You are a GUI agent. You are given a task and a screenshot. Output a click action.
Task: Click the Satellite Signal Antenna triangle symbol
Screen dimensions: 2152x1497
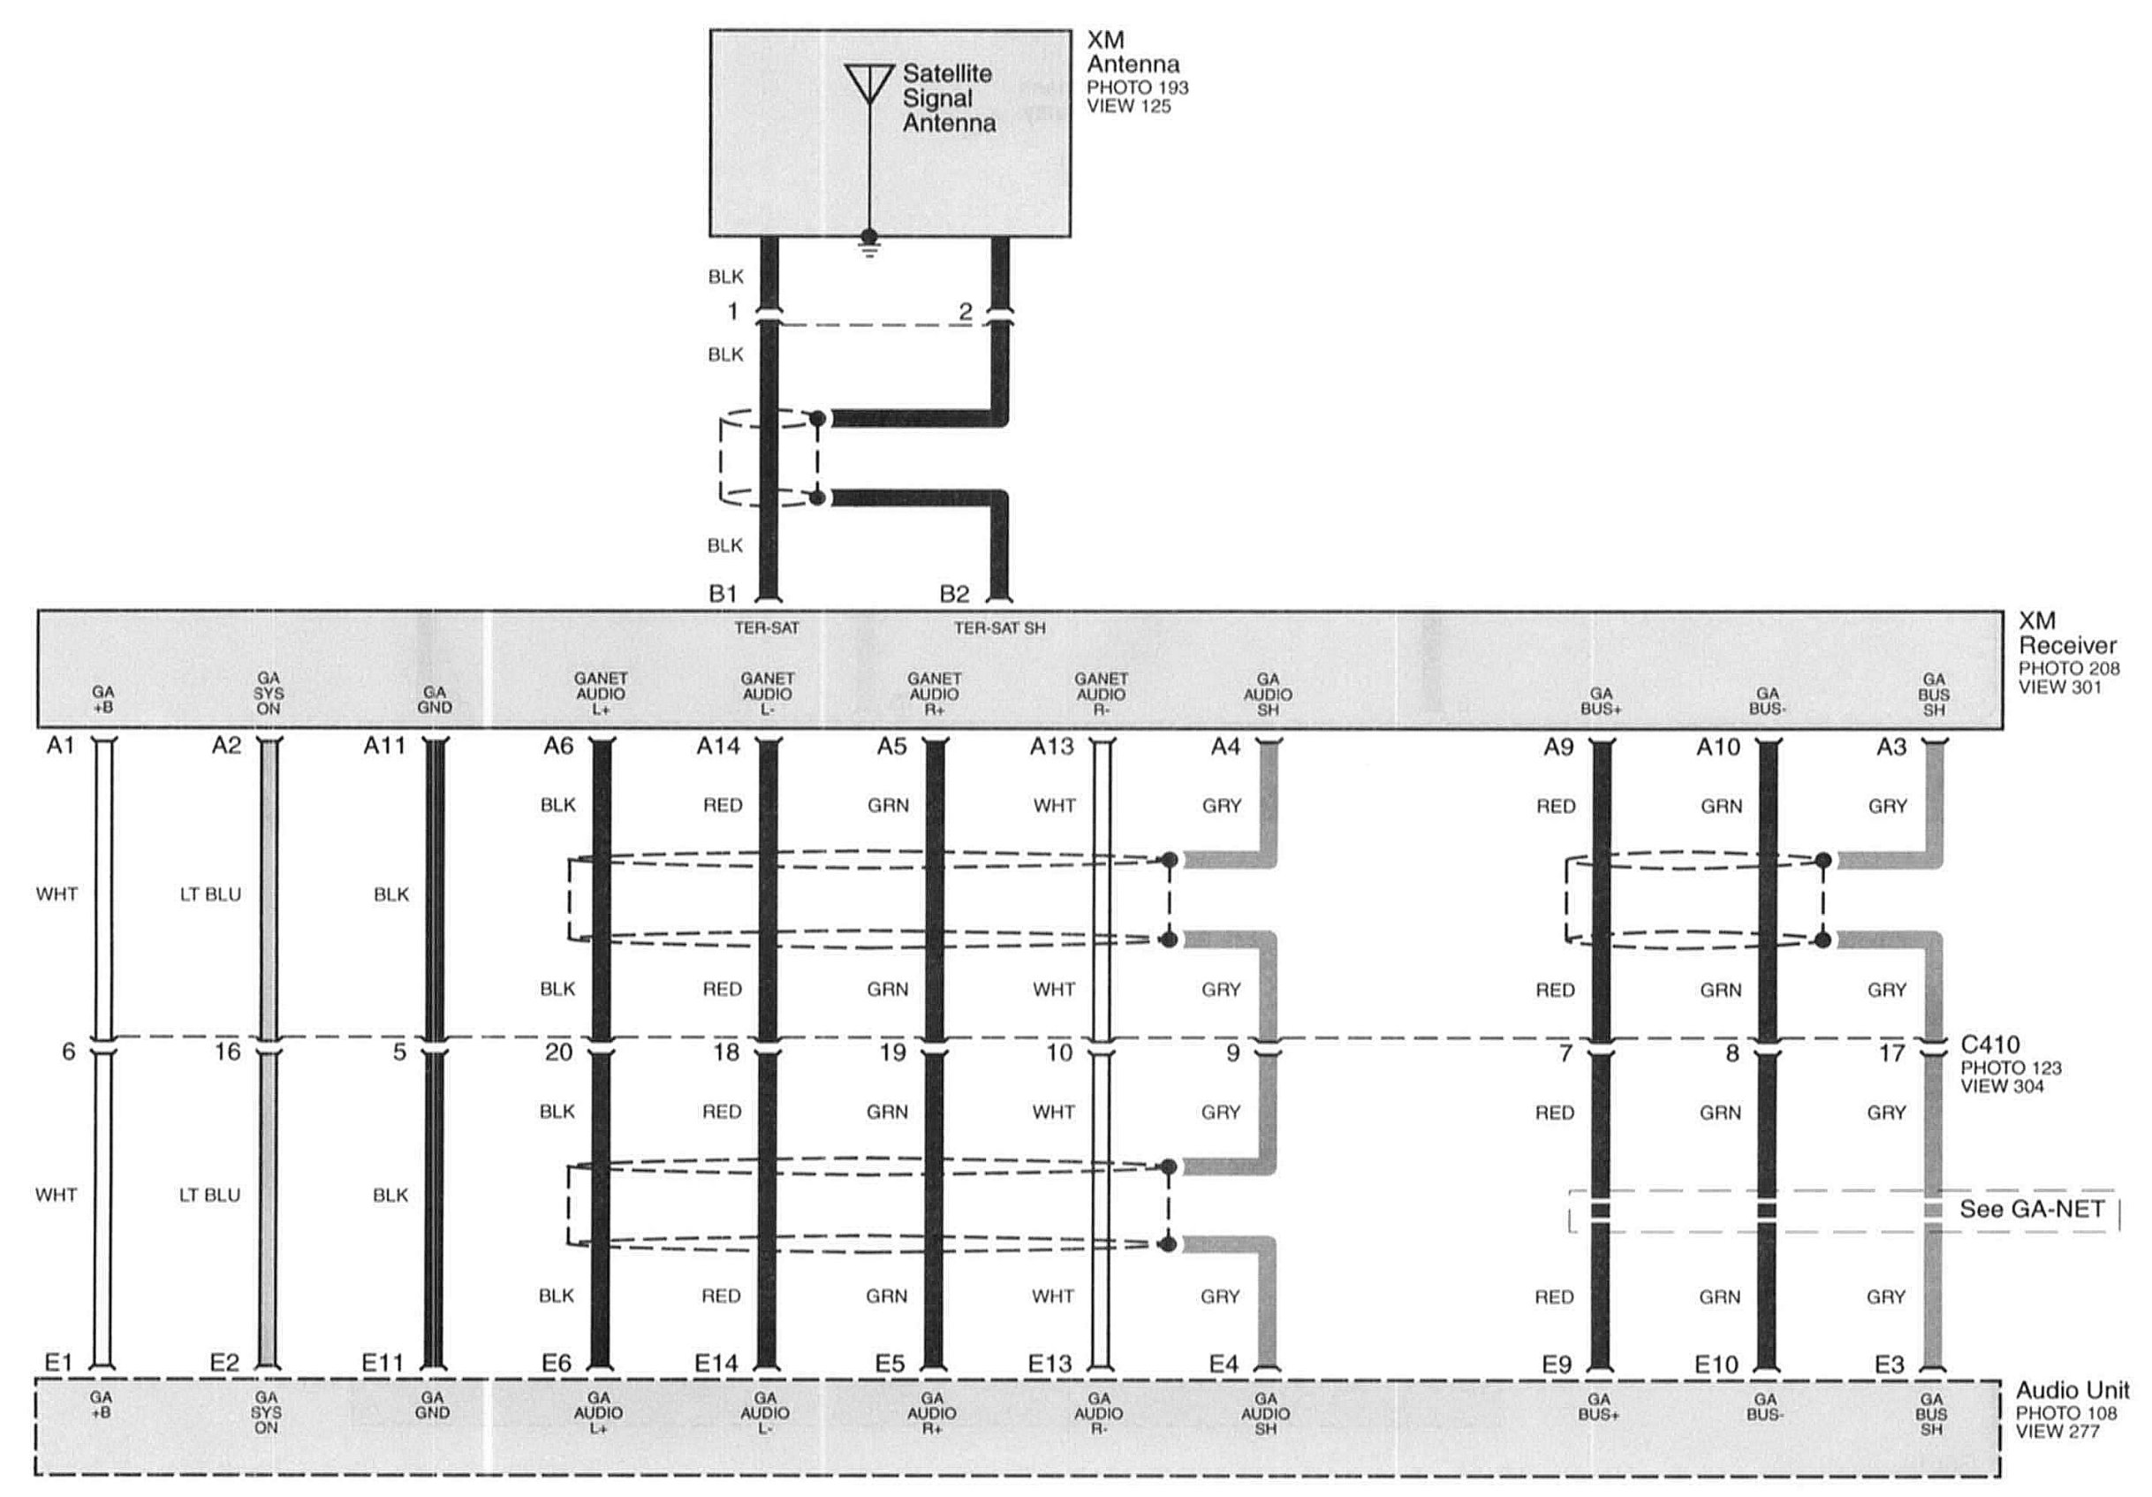click(x=870, y=81)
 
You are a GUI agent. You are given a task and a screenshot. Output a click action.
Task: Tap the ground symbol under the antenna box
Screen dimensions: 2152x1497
click(x=870, y=247)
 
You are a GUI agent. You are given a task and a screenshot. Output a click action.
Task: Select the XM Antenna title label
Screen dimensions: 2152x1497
click(x=1133, y=52)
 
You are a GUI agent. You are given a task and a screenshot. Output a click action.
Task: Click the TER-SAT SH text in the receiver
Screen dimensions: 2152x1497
click(x=999, y=628)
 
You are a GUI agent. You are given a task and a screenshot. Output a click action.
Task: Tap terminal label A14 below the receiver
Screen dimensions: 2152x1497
click(x=718, y=746)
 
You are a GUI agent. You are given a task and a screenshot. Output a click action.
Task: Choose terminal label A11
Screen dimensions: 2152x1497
click(x=384, y=746)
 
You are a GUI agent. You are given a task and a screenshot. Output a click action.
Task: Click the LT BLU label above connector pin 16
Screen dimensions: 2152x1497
click(x=210, y=894)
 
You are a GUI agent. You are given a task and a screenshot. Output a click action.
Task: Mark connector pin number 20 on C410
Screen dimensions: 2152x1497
click(x=558, y=1052)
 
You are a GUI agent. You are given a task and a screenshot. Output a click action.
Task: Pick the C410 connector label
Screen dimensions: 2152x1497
click(x=1989, y=1045)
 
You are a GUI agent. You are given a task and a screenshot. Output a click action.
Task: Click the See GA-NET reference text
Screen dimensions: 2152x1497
click(x=2032, y=1209)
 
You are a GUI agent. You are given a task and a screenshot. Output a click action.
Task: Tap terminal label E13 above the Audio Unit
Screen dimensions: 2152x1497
click(x=1049, y=1364)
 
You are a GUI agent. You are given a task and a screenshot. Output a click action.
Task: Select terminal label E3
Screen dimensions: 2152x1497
click(x=1889, y=1364)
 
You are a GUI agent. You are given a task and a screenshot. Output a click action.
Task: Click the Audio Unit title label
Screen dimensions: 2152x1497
click(x=2072, y=1389)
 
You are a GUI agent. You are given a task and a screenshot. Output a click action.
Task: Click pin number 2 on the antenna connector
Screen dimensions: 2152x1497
click(x=966, y=312)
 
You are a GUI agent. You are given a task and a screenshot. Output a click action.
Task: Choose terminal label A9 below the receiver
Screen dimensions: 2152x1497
click(x=1558, y=747)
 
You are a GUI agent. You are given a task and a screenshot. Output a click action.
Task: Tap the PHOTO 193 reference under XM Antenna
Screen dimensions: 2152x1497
click(x=1138, y=88)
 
